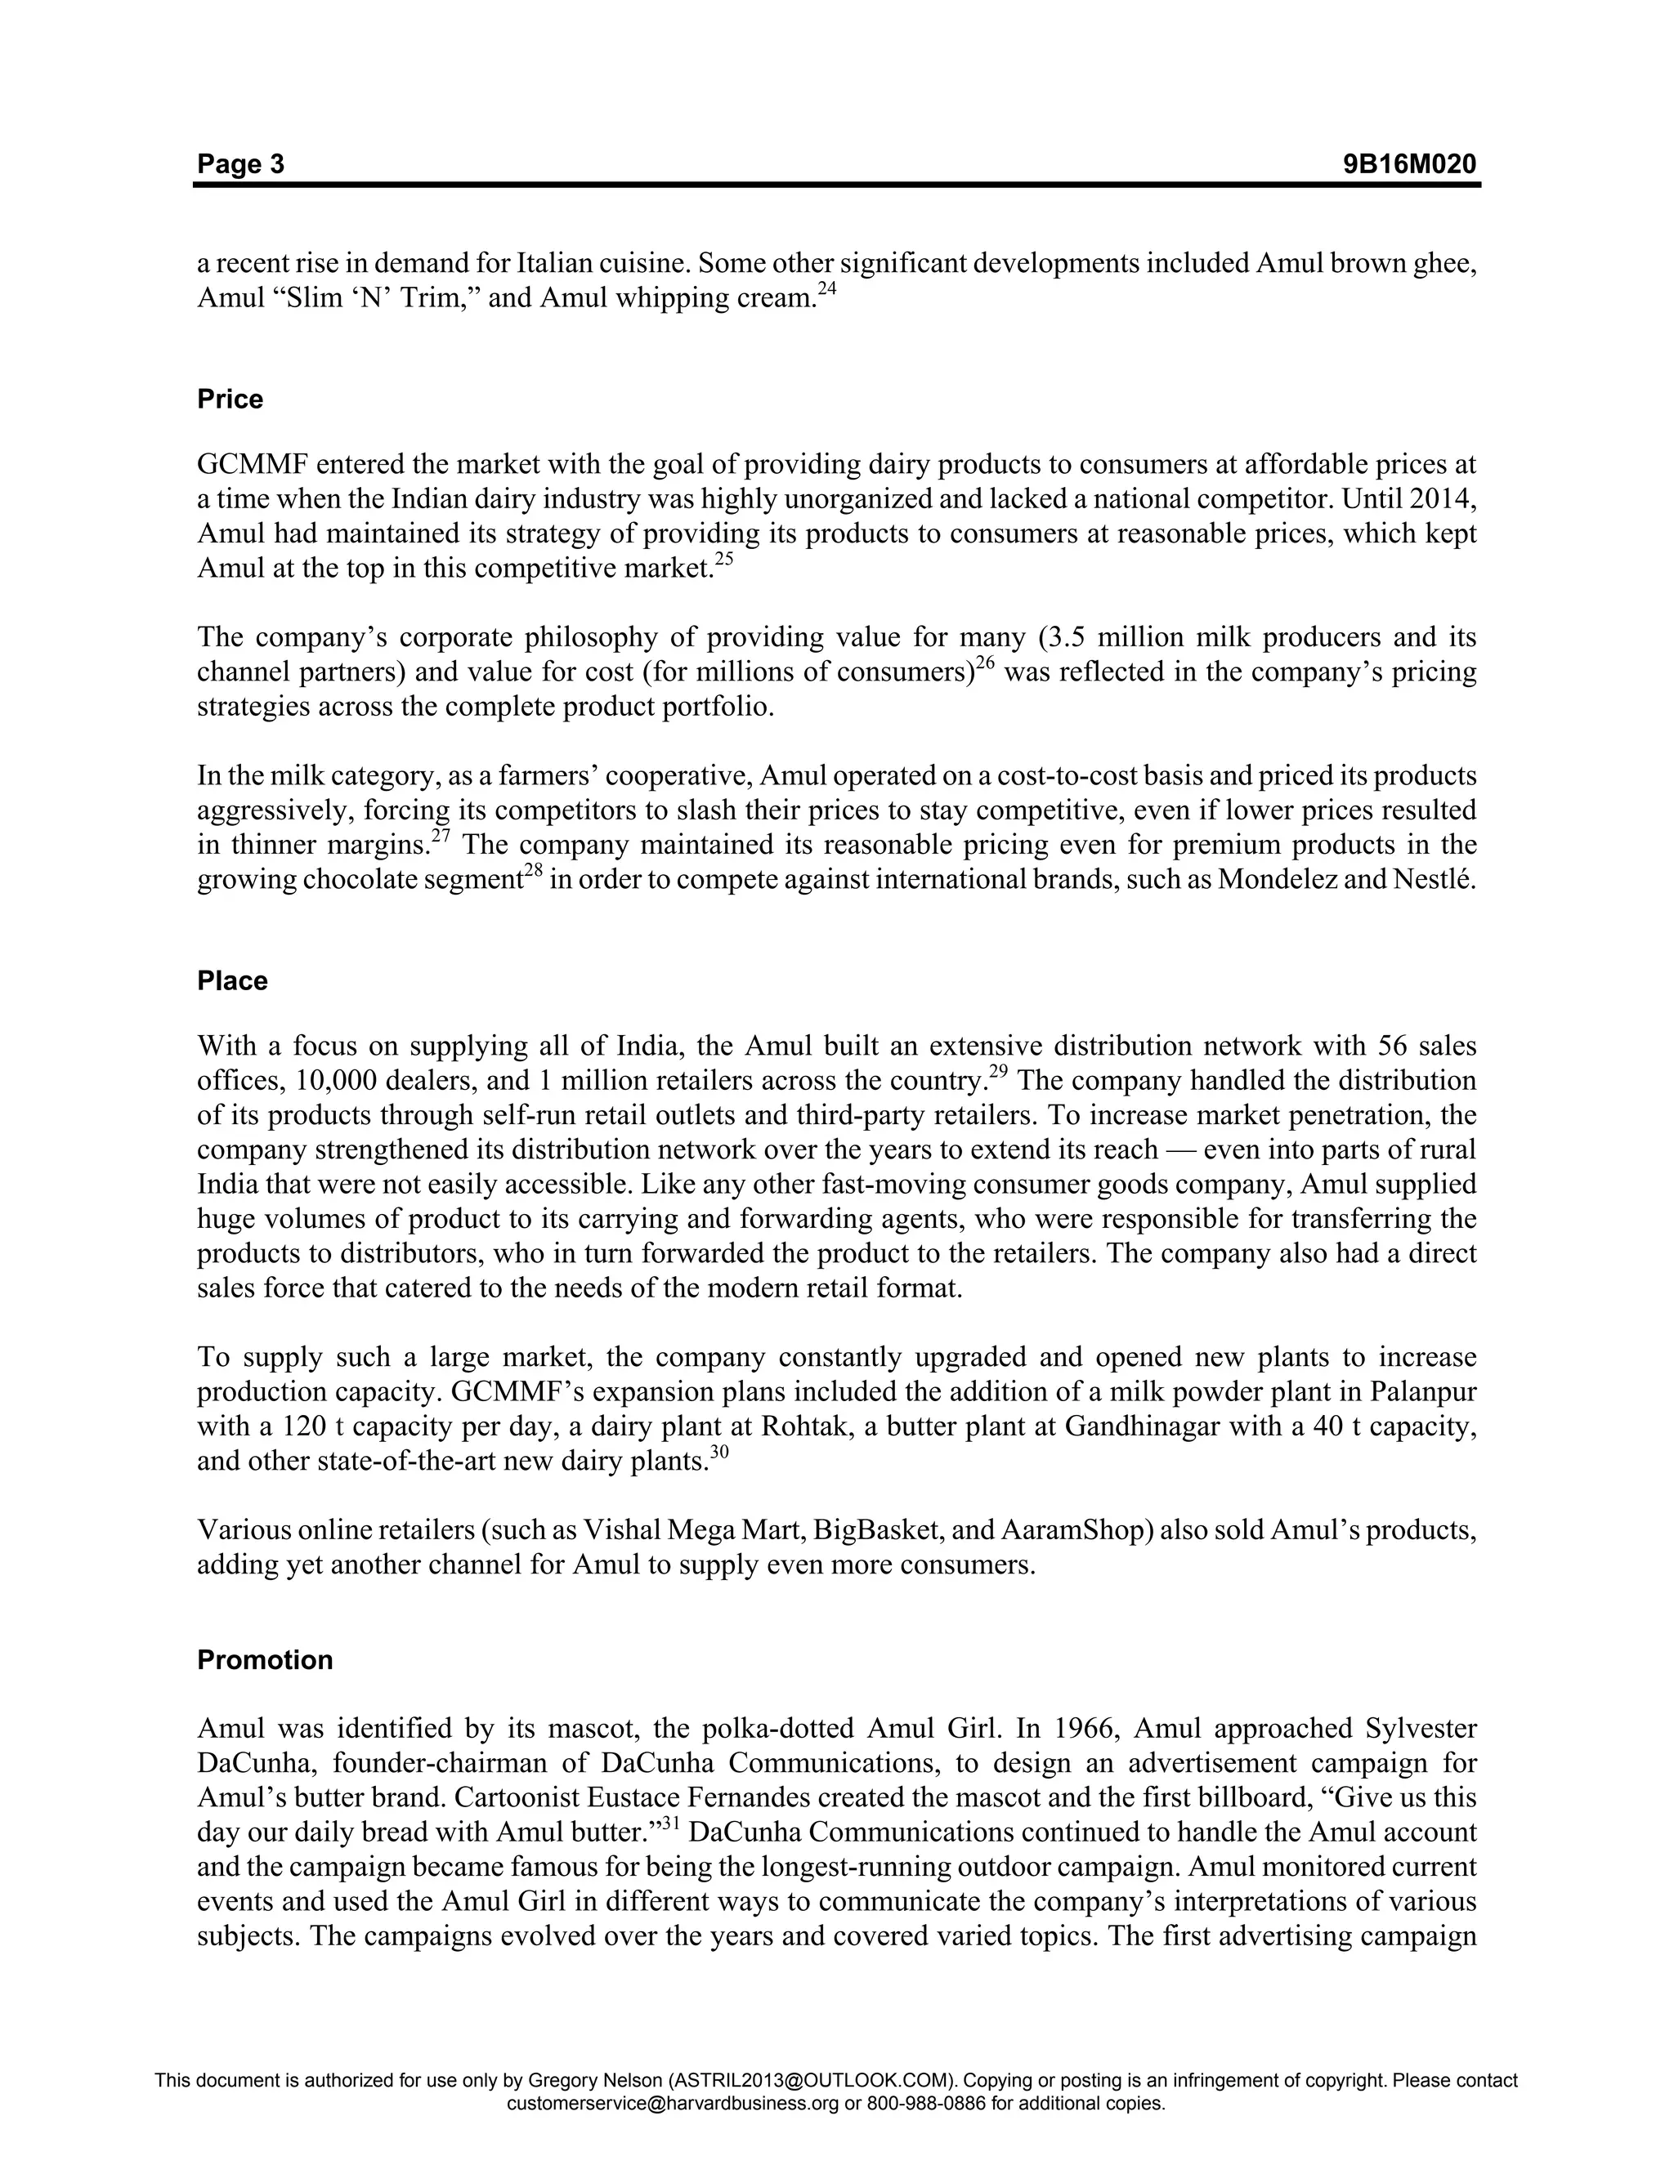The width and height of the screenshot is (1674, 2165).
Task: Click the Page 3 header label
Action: [x=240, y=163]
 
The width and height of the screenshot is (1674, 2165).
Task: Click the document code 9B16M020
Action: [x=1409, y=163]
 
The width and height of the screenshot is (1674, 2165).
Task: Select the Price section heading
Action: [x=230, y=400]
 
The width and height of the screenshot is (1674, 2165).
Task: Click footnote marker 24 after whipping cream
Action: [x=827, y=289]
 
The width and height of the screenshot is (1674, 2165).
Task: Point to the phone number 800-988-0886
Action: [x=926, y=2104]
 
